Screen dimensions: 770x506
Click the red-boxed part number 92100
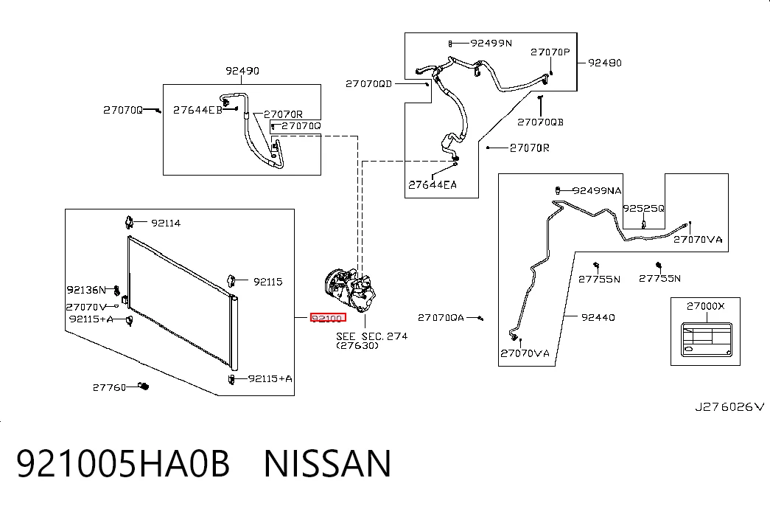point(328,318)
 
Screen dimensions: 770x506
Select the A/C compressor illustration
point(350,290)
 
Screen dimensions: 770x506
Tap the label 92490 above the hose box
point(242,71)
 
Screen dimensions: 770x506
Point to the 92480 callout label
point(605,63)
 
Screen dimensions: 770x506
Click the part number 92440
point(598,317)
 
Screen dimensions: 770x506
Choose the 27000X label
point(706,306)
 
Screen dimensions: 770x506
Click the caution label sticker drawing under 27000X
point(707,340)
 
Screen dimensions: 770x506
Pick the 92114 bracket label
point(166,223)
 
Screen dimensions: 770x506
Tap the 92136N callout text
point(86,290)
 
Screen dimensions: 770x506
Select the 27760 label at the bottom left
point(110,387)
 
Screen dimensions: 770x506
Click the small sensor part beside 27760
point(144,386)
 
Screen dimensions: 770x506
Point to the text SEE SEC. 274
point(372,336)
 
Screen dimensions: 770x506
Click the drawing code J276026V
point(729,406)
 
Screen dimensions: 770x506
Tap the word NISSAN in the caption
point(328,463)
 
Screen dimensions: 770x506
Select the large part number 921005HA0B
point(123,463)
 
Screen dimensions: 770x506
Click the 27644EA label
point(433,185)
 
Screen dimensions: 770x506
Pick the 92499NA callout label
point(597,191)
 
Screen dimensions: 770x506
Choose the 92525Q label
point(644,209)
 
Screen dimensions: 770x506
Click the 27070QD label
point(369,83)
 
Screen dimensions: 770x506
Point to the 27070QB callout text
point(541,122)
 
